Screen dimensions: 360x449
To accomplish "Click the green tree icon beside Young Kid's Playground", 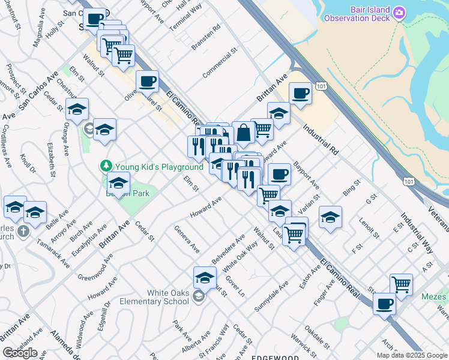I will tap(106, 166).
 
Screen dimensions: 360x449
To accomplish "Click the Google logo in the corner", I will tap(19, 353).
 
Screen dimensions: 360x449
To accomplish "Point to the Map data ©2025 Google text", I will tap(412, 355).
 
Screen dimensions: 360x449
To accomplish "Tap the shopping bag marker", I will tap(244, 133).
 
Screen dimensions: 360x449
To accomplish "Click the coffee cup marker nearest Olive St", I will tap(147, 81).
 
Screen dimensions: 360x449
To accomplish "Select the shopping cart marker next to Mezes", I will tap(400, 284).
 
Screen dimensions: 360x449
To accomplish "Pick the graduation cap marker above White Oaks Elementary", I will tap(205, 277).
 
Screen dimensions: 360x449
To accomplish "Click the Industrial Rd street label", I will tap(321, 138).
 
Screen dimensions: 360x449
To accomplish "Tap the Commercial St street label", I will tap(220, 65).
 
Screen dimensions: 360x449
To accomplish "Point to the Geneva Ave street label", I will tap(187, 238).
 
